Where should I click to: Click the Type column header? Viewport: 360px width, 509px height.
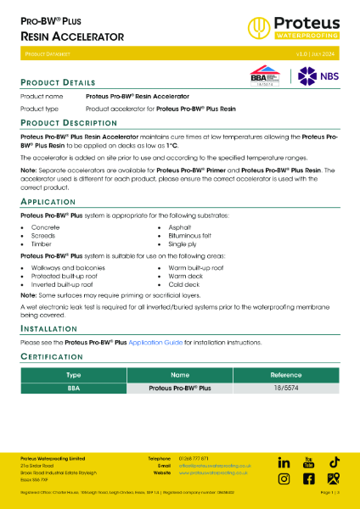coord(73,373)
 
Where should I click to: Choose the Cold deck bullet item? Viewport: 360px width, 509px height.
coord(183,283)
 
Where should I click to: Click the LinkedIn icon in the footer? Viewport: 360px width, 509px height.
coord(283,462)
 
